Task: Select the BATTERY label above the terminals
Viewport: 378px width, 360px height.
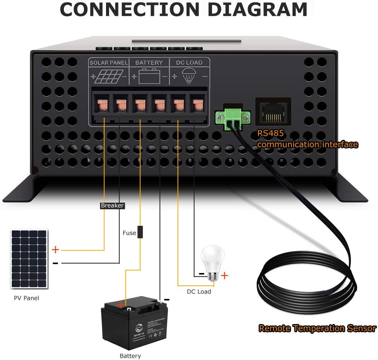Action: coord(149,62)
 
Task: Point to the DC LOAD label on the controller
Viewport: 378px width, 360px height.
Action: coord(189,62)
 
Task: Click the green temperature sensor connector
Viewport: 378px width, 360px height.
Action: coord(233,117)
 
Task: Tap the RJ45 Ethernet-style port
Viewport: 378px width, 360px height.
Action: coord(273,111)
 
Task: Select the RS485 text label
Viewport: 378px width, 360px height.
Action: coord(271,134)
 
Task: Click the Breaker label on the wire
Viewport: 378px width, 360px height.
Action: coord(112,206)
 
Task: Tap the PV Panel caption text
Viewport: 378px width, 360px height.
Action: coord(26,298)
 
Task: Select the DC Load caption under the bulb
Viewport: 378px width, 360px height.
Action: coord(198,292)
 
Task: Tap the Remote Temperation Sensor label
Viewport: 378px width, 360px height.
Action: coord(317,329)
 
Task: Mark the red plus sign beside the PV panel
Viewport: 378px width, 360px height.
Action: coord(55,250)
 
